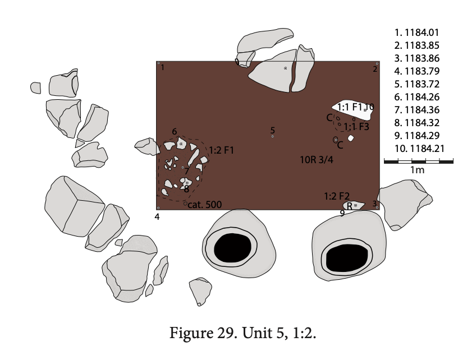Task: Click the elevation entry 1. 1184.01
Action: [x=416, y=33]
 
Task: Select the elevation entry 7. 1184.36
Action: [x=416, y=110]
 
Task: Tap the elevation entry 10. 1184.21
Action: [x=419, y=149]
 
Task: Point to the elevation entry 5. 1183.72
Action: [x=416, y=84]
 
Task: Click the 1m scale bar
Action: [x=419, y=161]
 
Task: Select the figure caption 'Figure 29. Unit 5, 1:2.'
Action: [x=242, y=333]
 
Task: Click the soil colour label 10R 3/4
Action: [x=317, y=160]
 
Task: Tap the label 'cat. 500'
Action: [x=205, y=205]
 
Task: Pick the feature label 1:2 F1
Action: [x=221, y=150]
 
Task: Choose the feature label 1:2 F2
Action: [x=337, y=196]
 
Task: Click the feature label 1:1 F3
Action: [x=356, y=127]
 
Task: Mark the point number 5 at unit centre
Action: [x=273, y=130]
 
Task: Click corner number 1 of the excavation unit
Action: [x=163, y=68]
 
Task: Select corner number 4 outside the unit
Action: [x=157, y=217]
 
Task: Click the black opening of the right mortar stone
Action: [x=347, y=259]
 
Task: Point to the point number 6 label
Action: [x=175, y=131]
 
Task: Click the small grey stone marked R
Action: [x=354, y=205]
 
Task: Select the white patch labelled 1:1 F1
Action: [x=354, y=109]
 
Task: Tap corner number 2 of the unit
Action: [x=375, y=69]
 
